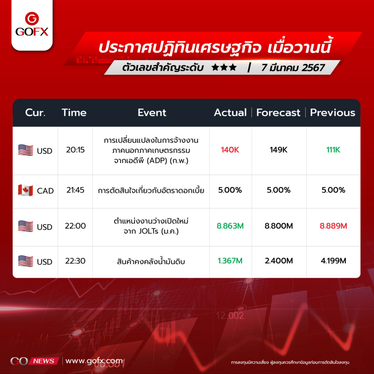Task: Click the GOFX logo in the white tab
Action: (32, 24)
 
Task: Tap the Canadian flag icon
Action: (26, 190)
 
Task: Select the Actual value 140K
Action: (230, 150)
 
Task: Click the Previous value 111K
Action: (333, 150)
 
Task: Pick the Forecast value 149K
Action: (279, 150)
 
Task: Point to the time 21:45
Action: (75, 190)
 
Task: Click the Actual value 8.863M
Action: (230, 226)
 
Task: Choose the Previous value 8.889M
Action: (333, 226)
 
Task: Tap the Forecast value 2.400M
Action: (279, 261)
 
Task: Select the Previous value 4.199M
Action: (333, 261)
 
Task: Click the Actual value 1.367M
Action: (230, 261)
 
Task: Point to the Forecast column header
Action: (278, 112)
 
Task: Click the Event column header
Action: (152, 112)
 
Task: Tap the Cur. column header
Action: (35, 112)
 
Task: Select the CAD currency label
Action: (45, 191)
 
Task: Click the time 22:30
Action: (75, 261)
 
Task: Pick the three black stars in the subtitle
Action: (224, 68)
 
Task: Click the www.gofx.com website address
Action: (94, 361)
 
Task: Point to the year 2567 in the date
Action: (313, 68)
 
